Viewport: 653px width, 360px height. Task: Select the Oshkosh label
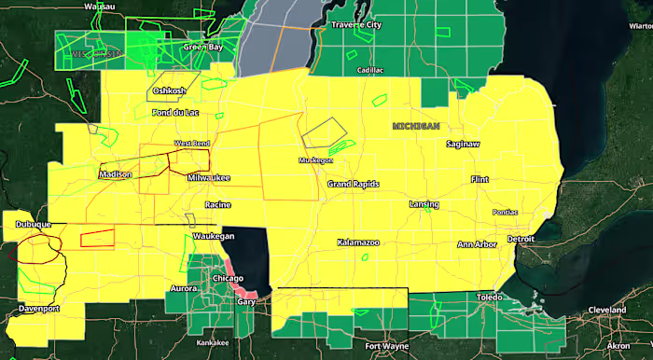tap(170, 90)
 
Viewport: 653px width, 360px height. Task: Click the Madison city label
tap(116, 174)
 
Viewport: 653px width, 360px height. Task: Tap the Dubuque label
tap(33, 225)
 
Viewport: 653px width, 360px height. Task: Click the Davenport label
tap(39, 308)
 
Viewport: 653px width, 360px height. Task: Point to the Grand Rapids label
tap(354, 185)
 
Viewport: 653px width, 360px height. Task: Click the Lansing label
tap(424, 203)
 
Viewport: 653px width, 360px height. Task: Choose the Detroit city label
tap(521, 240)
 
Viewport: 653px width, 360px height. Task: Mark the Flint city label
tap(480, 178)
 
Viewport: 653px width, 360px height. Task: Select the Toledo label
tap(489, 298)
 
